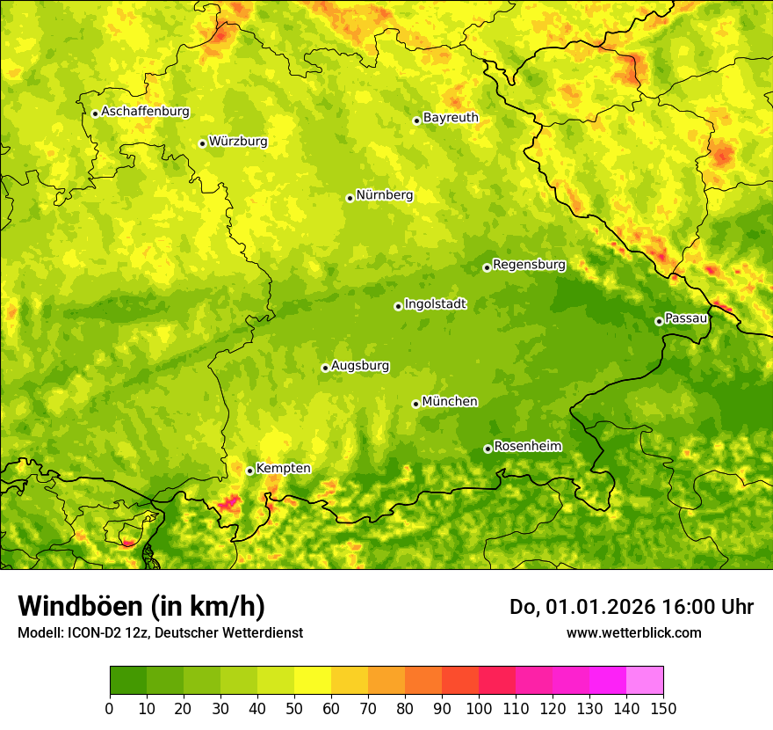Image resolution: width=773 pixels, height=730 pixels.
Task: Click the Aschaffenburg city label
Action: [145, 112]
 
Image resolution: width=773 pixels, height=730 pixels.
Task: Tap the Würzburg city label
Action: [238, 142]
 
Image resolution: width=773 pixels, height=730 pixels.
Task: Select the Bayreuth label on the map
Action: [451, 118]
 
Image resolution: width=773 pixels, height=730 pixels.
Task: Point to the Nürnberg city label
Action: [385, 195]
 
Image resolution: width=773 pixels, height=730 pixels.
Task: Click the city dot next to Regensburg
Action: [487, 267]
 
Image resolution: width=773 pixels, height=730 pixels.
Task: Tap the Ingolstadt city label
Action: [435, 304]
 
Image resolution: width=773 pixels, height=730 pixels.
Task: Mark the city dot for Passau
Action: [659, 321]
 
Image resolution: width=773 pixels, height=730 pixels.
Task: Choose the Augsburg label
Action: [360, 366]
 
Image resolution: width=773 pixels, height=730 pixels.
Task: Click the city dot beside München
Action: [415, 404]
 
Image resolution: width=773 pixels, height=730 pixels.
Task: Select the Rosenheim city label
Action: [527, 447]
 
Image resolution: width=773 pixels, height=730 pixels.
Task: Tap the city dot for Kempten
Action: [249, 471]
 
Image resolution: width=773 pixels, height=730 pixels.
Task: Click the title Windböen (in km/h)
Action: [141, 607]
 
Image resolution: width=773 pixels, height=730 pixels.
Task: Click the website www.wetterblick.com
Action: [633, 632]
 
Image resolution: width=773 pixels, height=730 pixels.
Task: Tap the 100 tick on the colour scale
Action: [479, 709]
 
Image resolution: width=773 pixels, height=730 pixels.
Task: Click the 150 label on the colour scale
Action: [663, 709]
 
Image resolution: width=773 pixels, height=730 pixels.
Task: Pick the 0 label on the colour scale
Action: [110, 709]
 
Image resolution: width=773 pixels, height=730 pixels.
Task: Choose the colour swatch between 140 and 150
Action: [645, 681]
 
